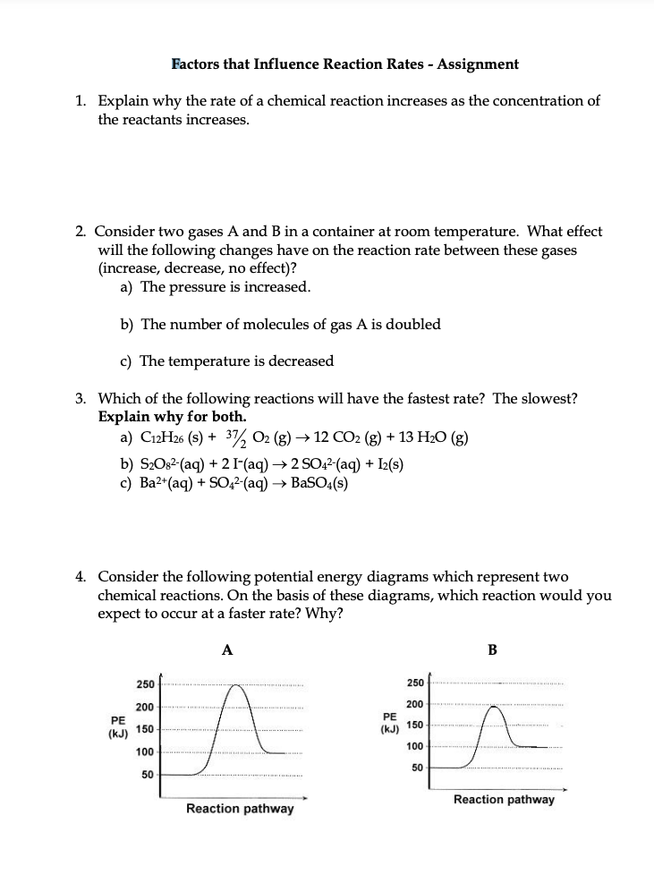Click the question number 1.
point(81,101)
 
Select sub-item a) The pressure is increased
point(215,287)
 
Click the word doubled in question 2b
point(411,324)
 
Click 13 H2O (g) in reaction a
point(429,438)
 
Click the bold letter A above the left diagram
point(227,651)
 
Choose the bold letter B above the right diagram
point(492,651)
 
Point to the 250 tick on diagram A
point(143,684)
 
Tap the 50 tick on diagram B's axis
point(416,768)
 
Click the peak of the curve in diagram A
point(236,686)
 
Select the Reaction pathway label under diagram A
point(239,809)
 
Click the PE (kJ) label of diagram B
point(389,723)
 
